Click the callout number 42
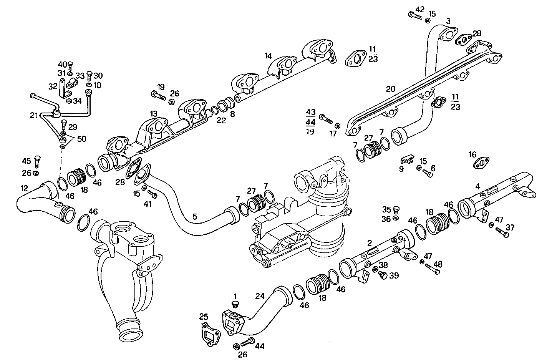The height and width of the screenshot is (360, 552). [420, 9]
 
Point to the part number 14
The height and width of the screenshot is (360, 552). [268, 56]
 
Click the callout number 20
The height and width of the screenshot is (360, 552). [390, 89]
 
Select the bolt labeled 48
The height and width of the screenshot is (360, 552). [433, 270]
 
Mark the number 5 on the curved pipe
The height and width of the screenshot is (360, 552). [195, 217]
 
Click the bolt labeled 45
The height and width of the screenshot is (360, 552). [37, 162]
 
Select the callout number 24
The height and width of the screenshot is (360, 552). [260, 296]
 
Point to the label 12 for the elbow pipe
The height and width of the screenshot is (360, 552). [24, 188]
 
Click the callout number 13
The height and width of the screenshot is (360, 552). [154, 114]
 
